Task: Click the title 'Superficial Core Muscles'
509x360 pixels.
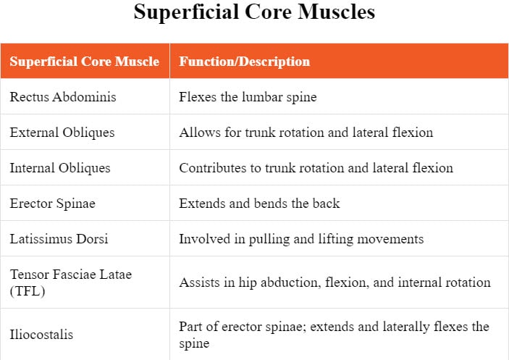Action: coord(254,12)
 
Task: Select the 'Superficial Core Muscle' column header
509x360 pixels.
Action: coord(85,62)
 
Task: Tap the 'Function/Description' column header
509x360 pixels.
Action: coord(245,62)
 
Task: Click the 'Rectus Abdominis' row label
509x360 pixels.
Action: coord(63,97)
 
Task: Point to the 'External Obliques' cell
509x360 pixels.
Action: coord(62,133)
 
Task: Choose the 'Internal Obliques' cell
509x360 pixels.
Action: coord(59,168)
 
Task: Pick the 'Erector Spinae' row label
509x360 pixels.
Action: coord(52,204)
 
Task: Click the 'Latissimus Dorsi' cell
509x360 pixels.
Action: coord(59,239)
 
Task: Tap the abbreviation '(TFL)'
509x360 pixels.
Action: coord(28,291)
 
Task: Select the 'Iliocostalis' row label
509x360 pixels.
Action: coord(41,335)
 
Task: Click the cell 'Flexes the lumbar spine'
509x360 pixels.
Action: coord(248,97)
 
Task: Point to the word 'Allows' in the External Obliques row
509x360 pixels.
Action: coord(198,133)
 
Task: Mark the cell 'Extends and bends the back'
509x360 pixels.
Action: coord(259,204)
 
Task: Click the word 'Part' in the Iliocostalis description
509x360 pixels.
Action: coord(190,326)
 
